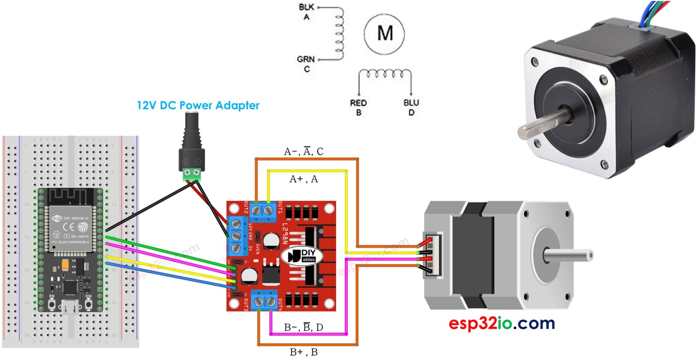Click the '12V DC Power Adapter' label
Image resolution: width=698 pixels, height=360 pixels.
[x=198, y=105]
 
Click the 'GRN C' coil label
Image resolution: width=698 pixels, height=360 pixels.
[x=306, y=64]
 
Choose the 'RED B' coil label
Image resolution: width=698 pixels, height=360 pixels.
[x=358, y=108]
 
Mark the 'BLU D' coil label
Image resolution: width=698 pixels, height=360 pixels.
[x=411, y=108]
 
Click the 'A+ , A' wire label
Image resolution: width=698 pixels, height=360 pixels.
[x=304, y=179]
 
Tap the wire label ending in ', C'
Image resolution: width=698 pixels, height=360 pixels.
[x=303, y=151]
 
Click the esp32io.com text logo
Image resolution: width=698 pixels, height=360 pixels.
[x=502, y=324]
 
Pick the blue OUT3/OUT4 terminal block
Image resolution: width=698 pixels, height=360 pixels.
[x=265, y=301]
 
